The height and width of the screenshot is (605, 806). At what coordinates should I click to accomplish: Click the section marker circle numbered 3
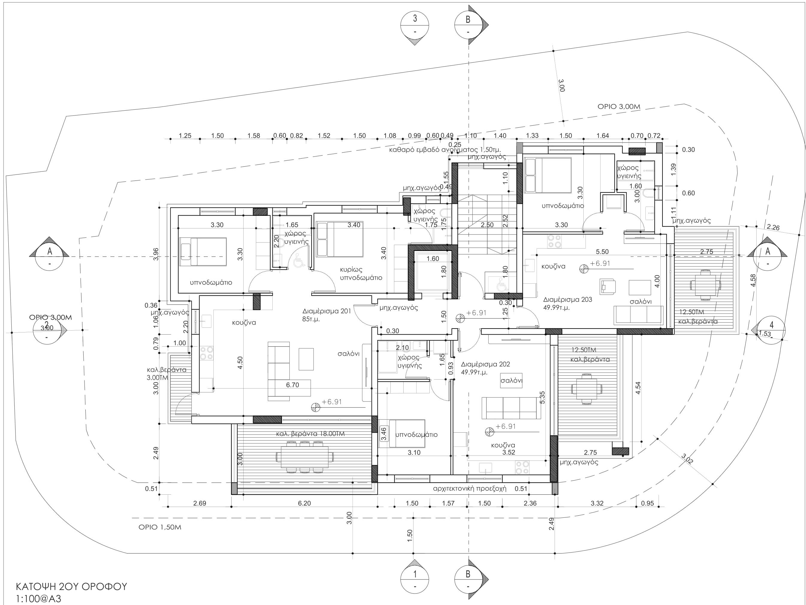pyautogui.click(x=415, y=25)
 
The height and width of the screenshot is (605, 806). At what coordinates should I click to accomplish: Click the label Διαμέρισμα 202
pyautogui.click(x=485, y=364)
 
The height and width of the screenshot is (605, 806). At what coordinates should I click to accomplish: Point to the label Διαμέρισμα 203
pyautogui.click(x=567, y=300)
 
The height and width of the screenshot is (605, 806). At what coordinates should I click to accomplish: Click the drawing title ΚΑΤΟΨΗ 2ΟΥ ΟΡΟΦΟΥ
pyautogui.click(x=71, y=586)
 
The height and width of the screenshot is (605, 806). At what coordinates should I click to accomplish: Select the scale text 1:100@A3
pyautogui.click(x=38, y=598)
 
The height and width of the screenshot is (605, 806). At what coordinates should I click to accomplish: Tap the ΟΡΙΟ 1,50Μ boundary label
pyautogui.click(x=160, y=527)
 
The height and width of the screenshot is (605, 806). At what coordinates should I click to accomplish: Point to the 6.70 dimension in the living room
pyautogui.click(x=293, y=385)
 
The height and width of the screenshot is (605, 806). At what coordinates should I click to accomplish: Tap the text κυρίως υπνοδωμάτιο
pyautogui.click(x=361, y=273)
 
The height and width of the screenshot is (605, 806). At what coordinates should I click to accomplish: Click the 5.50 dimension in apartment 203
pyautogui.click(x=602, y=252)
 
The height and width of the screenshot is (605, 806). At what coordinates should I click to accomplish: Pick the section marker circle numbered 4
pyautogui.click(x=771, y=330)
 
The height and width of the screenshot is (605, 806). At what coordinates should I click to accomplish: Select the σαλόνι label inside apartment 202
pyautogui.click(x=511, y=380)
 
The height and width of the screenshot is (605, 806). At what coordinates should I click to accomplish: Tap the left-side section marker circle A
pyautogui.click(x=49, y=257)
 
